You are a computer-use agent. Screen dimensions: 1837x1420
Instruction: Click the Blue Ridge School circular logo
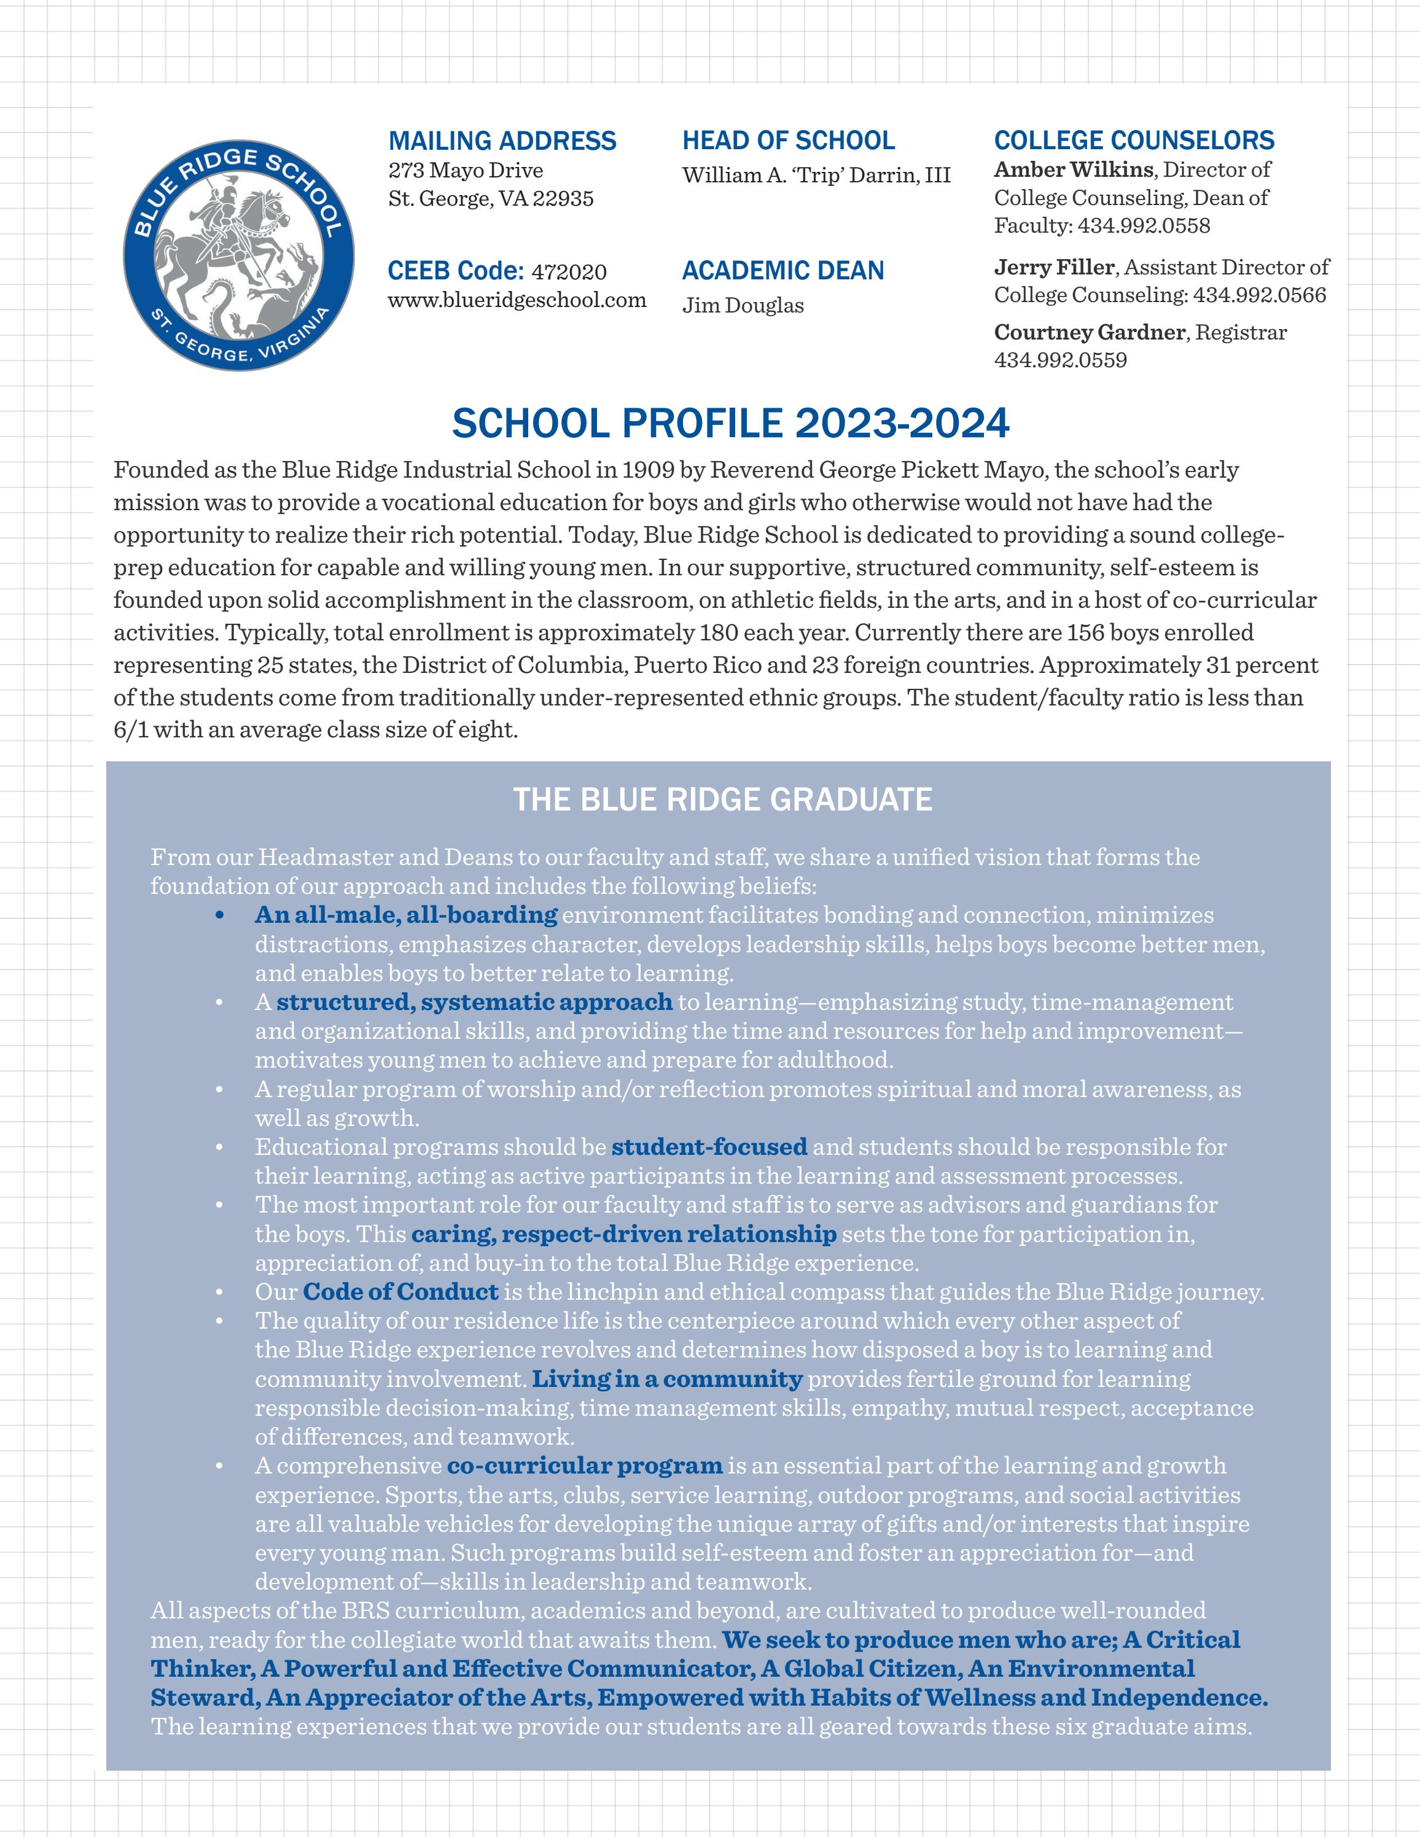click(238, 255)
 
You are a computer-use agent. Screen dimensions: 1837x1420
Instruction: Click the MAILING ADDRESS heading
click(502, 141)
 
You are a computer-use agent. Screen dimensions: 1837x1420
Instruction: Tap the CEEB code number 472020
click(569, 271)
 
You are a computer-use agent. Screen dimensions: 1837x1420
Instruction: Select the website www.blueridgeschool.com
click(517, 300)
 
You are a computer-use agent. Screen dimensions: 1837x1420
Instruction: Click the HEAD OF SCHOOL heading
click(788, 141)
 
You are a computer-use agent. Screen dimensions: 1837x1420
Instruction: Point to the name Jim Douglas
click(743, 305)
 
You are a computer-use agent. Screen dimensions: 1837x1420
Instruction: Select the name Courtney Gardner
click(1090, 332)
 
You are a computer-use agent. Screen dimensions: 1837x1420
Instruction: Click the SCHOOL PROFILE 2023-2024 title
click(730, 423)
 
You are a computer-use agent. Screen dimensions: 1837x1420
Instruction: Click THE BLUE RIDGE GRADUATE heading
click(723, 799)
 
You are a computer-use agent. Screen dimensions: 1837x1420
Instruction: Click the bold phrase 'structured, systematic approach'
click(474, 1002)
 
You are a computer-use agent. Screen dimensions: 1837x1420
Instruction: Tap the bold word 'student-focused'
click(709, 1146)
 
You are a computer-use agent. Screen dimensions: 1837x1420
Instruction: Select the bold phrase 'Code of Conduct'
click(401, 1291)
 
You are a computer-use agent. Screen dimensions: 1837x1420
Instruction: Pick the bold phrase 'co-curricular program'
click(585, 1465)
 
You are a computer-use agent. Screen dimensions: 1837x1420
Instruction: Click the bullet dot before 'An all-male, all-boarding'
click(219, 916)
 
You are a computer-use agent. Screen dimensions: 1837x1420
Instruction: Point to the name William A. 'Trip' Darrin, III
click(816, 175)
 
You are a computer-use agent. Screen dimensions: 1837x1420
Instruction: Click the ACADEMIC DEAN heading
click(783, 271)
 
